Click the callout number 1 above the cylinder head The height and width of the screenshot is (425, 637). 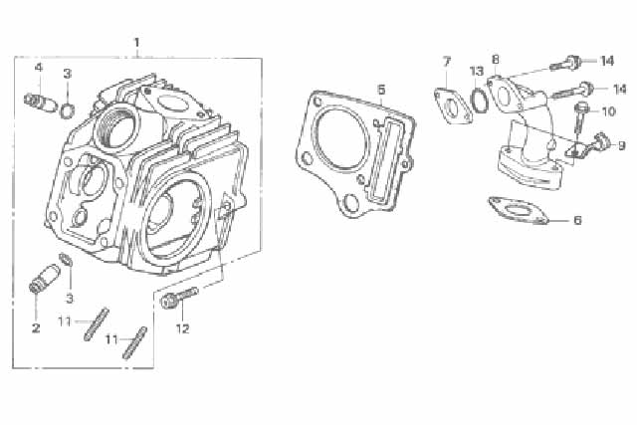(x=137, y=43)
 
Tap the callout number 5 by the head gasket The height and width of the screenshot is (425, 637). (x=381, y=90)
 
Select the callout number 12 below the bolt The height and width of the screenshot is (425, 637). (x=182, y=328)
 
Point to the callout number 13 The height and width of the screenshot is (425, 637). (x=477, y=72)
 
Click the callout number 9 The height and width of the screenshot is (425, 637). (x=621, y=145)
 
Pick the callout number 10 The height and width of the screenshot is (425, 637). (x=608, y=110)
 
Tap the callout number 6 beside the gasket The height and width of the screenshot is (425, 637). (x=577, y=220)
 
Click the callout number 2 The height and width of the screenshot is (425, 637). (x=36, y=327)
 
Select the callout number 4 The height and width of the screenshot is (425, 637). (x=39, y=67)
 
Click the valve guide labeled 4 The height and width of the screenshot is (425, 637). (x=40, y=103)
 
